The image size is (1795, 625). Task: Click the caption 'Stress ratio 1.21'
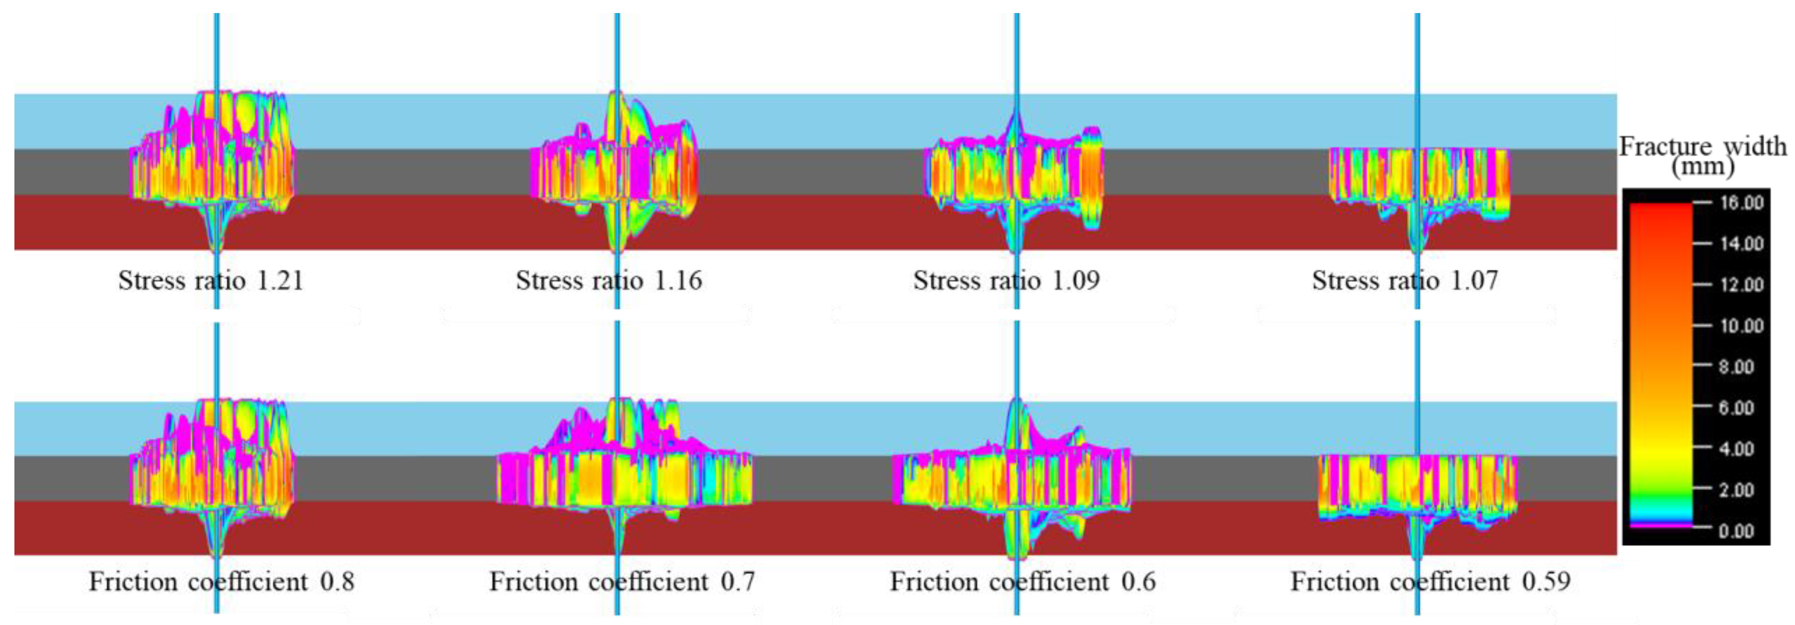click(210, 281)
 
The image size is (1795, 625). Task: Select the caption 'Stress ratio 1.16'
click(608, 281)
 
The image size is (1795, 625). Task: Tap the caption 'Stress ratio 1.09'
click(1006, 281)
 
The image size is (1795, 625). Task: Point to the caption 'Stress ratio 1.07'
click(1405, 281)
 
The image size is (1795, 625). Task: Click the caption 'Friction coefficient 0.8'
click(221, 582)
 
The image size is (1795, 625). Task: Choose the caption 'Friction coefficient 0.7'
click(622, 582)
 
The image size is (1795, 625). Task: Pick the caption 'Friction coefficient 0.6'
click(1022, 582)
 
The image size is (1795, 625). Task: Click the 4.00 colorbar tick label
click(1735, 449)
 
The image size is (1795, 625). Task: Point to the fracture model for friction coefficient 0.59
click(1417, 488)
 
